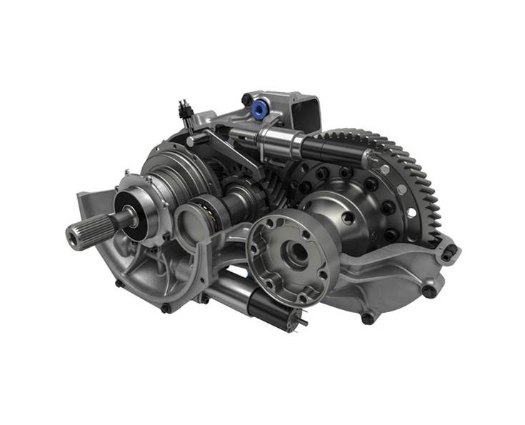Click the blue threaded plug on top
click(258, 109)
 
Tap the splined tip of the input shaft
click(76, 233)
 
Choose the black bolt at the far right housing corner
click(449, 251)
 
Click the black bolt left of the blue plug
click(247, 100)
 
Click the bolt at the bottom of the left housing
click(166, 308)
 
